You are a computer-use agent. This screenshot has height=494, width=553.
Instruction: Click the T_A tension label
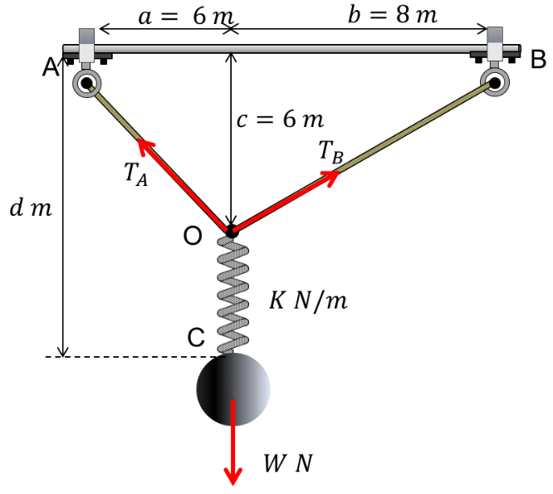(x=135, y=174)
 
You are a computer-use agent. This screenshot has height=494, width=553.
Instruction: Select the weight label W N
(x=287, y=462)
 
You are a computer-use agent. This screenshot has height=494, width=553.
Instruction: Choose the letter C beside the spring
(x=196, y=337)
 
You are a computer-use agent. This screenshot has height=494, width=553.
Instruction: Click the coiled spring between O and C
(x=232, y=295)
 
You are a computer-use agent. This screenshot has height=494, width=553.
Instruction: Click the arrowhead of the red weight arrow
(x=233, y=475)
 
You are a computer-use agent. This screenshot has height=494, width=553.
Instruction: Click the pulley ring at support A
(x=86, y=82)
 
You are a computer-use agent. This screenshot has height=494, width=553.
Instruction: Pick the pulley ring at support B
(x=495, y=82)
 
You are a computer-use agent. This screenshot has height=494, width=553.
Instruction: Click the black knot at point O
(x=232, y=230)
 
